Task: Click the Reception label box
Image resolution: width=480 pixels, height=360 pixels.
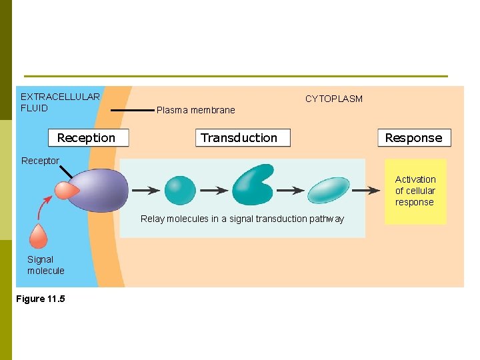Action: (88, 138)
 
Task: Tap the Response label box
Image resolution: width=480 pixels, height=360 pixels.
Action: (414, 138)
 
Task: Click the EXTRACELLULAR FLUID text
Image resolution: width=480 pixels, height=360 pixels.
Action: (60, 102)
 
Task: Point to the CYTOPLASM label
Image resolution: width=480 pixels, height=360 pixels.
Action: (333, 99)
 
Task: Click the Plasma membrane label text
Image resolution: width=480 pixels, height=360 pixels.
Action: (195, 110)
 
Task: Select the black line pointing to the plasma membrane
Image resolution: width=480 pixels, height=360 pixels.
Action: (131, 110)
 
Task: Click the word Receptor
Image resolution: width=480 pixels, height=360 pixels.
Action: (40, 161)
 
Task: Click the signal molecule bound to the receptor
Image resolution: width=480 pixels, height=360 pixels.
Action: (67, 191)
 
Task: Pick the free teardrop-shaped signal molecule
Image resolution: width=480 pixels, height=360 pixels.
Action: (39, 236)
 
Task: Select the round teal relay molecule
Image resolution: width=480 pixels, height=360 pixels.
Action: (180, 190)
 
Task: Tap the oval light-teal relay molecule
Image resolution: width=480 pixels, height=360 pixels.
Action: (329, 190)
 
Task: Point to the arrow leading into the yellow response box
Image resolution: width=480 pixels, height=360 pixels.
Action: (366, 191)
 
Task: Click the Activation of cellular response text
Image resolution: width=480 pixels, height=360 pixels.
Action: (415, 191)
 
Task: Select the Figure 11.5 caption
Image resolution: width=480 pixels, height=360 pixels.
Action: (41, 299)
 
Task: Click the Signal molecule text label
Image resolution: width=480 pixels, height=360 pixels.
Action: (45, 265)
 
